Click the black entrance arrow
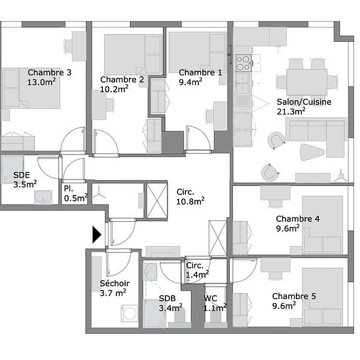pyautogui.click(x=97, y=234)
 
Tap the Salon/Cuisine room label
pyautogui.click(x=304, y=101)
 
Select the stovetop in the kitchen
pyautogui.click(x=243, y=63)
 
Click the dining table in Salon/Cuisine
pyautogui.click(x=307, y=82)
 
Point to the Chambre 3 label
pyautogui.click(x=49, y=72)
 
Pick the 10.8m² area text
pyautogui.click(x=190, y=201)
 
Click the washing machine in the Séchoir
pyautogui.click(x=130, y=313)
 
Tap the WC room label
pyautogui.click(x=210, y=298)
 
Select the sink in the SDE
pyautogui.click(x=43, y=198)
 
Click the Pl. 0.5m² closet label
pyautogui.click(x=76, y=193)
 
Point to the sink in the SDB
pyautogui.click(x=150, y=272)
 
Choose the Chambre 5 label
pyautogui.click(x=294, y=296)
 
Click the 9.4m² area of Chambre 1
pyautogui.click(x=190, y=82)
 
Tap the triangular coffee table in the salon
pyautogui.click(x=312, y=152)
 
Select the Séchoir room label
pyautogui.click(x=115, y=283)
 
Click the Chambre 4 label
pyautogui.click(x=298, y=219)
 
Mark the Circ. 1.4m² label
pyautogui.click(x=197, y=270)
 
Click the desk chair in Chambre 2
pyautogui.click(x=110, y=105)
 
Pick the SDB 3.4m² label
pyautogui.click(x=171, y=303)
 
